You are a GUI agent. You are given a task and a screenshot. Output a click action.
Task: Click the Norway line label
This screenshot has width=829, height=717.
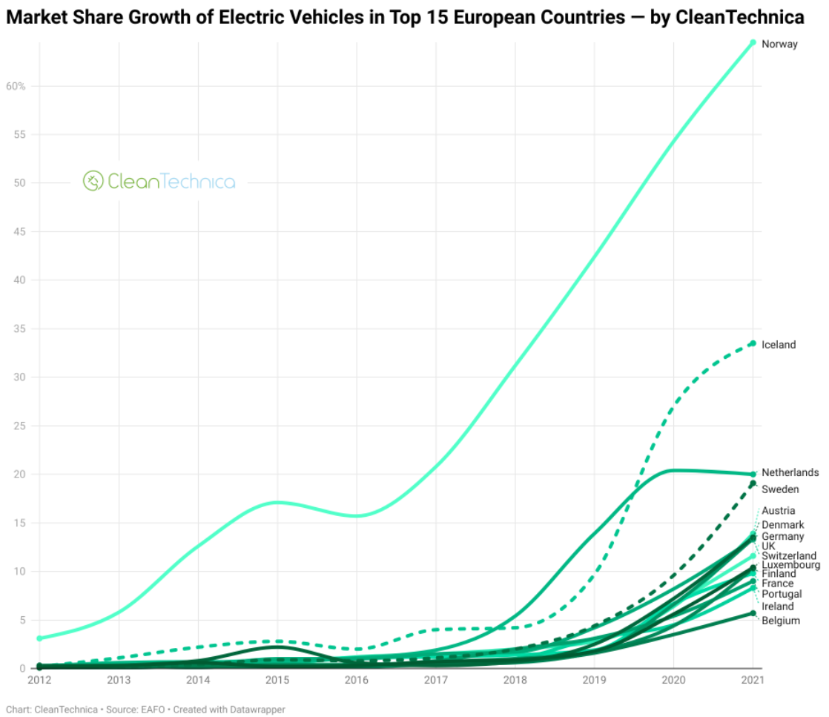(x=779, y=44)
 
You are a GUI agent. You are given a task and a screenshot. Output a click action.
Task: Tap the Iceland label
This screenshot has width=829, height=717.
(x=778, y=345)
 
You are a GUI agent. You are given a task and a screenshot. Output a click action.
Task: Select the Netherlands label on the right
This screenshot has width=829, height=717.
(x=790, y=473)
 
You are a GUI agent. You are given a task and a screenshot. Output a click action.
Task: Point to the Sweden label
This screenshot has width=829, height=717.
(x=780, y=489)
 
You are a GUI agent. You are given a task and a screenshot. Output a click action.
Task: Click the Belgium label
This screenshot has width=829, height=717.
(x=781, y=621)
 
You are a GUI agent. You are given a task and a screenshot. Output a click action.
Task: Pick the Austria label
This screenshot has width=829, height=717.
(x=778, y=511)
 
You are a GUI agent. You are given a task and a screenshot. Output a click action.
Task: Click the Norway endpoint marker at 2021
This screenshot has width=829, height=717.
(x=753, y=42)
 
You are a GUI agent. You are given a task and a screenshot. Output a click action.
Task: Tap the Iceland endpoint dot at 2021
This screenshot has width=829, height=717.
(x=753, y=343)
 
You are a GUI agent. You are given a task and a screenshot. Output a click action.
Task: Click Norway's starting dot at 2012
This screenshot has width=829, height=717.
(x=39, y=638)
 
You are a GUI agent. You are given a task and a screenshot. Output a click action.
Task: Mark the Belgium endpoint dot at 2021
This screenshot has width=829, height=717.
(x=753, y=613)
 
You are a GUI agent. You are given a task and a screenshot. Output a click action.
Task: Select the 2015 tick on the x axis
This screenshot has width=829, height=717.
(x=277, y=679)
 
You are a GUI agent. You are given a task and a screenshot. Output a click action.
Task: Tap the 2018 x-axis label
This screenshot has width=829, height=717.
(x=515, y=679)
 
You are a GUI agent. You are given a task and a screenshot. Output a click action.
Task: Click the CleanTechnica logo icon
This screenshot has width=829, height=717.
(x=93, y=181)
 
